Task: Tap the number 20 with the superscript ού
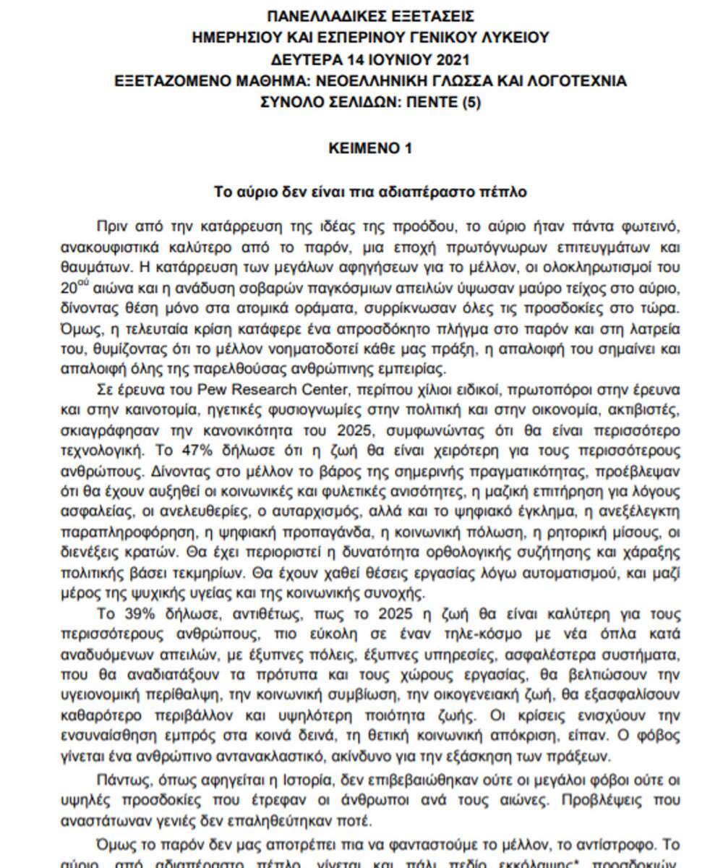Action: click(x=72, y=288)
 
